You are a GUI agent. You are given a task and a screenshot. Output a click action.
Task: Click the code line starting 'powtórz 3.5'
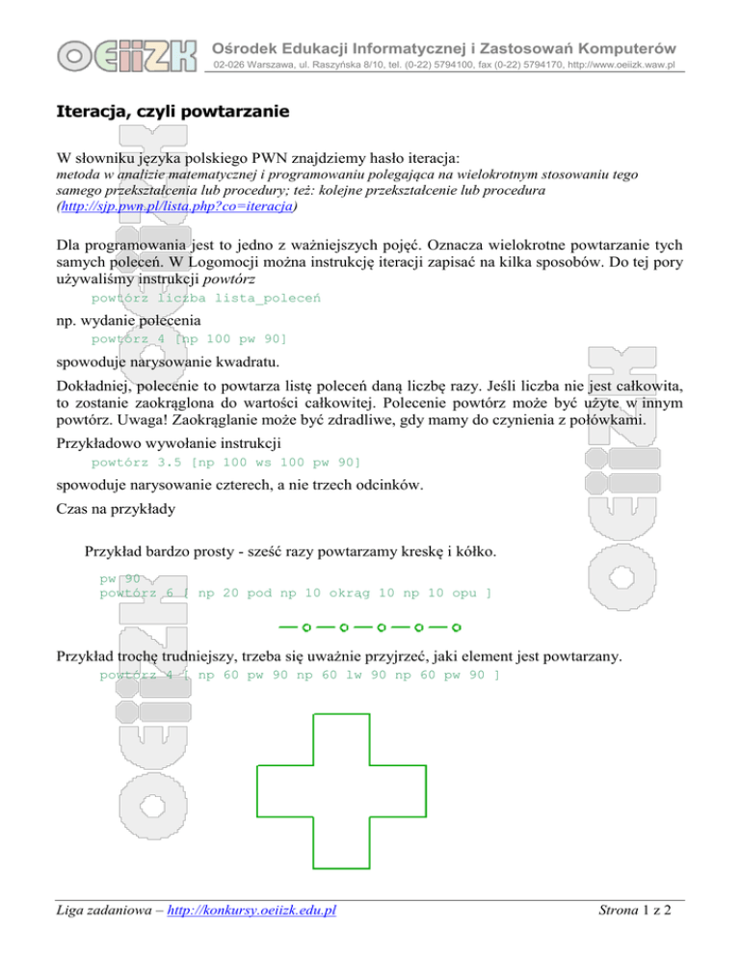pos(225,462)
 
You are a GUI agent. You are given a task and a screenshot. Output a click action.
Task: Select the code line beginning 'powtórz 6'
pos(296,594)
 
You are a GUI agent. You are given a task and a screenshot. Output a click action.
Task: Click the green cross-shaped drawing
pos(341,790)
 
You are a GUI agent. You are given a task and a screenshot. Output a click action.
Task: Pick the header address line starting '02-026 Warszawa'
pos(442,66)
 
